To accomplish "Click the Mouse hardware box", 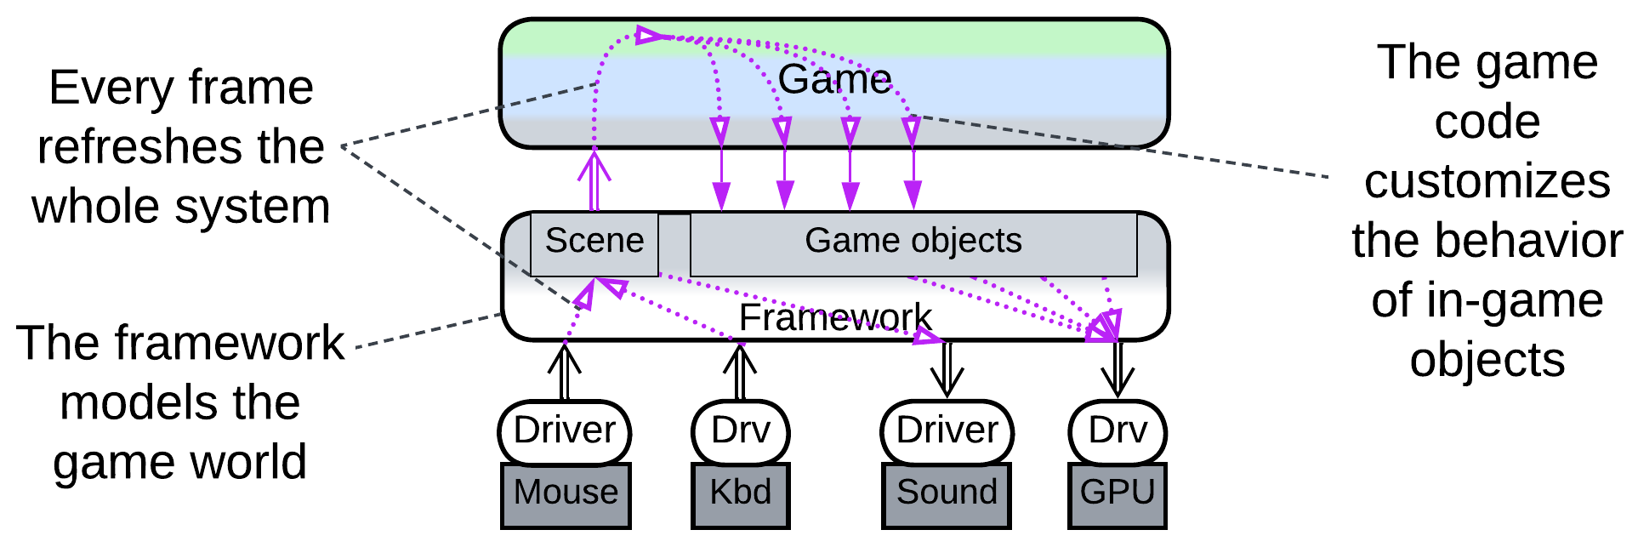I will tap(566, 494).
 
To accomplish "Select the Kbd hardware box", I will tap(740, 494).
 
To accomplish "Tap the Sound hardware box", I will tap(947, 494).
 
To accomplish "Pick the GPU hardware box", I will tap(1117, 494).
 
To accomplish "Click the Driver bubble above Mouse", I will tap(565, 431).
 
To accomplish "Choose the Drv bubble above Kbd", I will tap(740, 431).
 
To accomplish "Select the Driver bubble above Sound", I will tap(947, 431).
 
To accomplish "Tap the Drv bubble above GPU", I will tap(1118, 431).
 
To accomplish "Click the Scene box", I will tap(594, 242).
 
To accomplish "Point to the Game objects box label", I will tap(913, 242).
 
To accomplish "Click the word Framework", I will tap(835, 318).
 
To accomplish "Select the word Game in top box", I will tap(834, 80).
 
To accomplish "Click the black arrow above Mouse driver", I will tap(564, 370).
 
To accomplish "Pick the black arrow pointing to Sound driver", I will tap(947, 370).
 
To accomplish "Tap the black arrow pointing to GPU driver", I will tap(1118, 370).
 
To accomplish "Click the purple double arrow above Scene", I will tap(594, 179).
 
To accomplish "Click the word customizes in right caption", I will tap(1487, 182).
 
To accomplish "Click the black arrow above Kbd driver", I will tap(740, 370).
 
